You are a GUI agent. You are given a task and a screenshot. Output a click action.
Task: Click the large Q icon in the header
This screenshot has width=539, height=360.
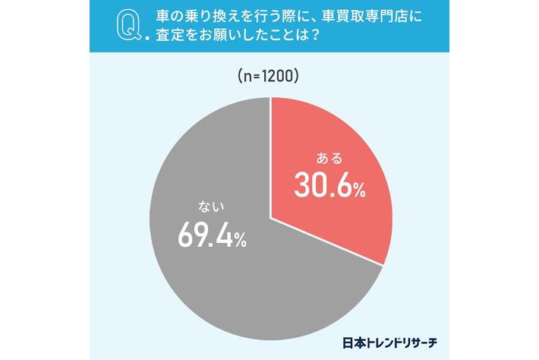[125, 27]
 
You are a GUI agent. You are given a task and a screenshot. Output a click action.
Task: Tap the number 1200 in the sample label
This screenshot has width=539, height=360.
[276, 76]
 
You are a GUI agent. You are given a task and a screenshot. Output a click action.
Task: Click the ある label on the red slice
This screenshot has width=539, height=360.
[329, 159]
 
